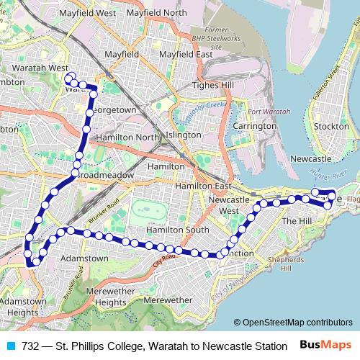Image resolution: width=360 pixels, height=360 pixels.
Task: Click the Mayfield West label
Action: click(87, 13)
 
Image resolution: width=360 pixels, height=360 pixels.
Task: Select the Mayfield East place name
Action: click(185, 55)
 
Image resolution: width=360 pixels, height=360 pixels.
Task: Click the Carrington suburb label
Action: click(254, 126)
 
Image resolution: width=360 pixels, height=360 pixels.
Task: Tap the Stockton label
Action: click(332, 126)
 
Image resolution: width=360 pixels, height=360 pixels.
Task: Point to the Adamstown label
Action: click(84, 258)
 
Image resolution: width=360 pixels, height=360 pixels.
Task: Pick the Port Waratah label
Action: click(268, 112)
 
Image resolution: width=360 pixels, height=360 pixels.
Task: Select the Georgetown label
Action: click(114, 109)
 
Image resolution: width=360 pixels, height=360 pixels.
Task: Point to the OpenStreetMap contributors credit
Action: click(297, 323)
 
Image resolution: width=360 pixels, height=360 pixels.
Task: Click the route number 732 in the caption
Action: click(31, 346)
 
